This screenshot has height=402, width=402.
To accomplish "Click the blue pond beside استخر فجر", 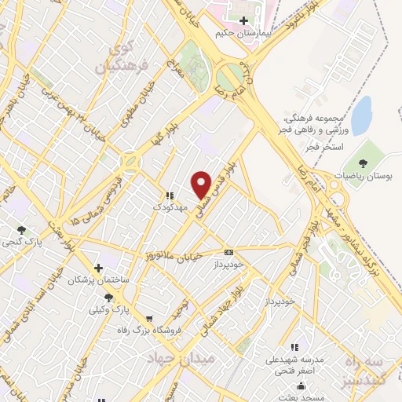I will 361,115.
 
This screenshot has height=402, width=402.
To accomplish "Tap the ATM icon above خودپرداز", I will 228,252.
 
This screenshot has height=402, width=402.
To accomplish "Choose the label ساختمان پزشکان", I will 97,280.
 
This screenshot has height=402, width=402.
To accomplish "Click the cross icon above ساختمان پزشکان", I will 97,267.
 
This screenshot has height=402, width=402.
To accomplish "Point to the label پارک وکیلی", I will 110,311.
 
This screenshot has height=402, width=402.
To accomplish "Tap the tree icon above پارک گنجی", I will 21,230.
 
